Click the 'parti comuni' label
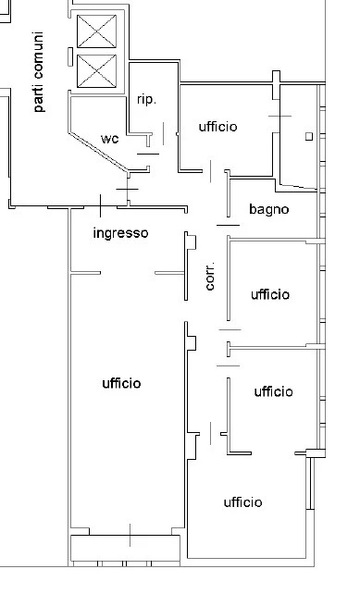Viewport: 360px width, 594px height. pos(38,72)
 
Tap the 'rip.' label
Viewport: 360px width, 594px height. pos(146,100)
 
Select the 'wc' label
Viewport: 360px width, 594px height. pos(110,139)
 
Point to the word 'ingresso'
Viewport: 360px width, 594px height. pos(120,233)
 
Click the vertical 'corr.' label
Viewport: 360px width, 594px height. pos(209,276)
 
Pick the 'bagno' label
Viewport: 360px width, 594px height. pos(269,209)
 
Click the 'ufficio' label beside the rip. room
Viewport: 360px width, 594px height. pos(217,127)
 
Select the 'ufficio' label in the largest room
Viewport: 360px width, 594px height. pos(121,383)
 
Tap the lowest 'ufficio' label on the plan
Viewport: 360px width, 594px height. pos(242,502)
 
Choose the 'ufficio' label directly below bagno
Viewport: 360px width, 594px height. pos(270,294)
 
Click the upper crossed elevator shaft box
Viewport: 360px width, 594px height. pos(96,31)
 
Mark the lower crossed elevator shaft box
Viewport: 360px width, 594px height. pos(96,71)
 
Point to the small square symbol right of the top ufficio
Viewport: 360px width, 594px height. pos(309,137)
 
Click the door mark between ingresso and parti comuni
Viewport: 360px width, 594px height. pos(101,205)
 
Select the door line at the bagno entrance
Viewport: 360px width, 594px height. pos(229,225)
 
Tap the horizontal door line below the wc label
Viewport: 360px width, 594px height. pos(148,154)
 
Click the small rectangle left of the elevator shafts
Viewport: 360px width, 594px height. pos(70,56)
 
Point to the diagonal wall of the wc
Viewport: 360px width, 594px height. pos(98,153)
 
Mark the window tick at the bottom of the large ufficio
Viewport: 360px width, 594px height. pos(130,536)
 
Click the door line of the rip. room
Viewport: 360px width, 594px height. pos(163,133)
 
